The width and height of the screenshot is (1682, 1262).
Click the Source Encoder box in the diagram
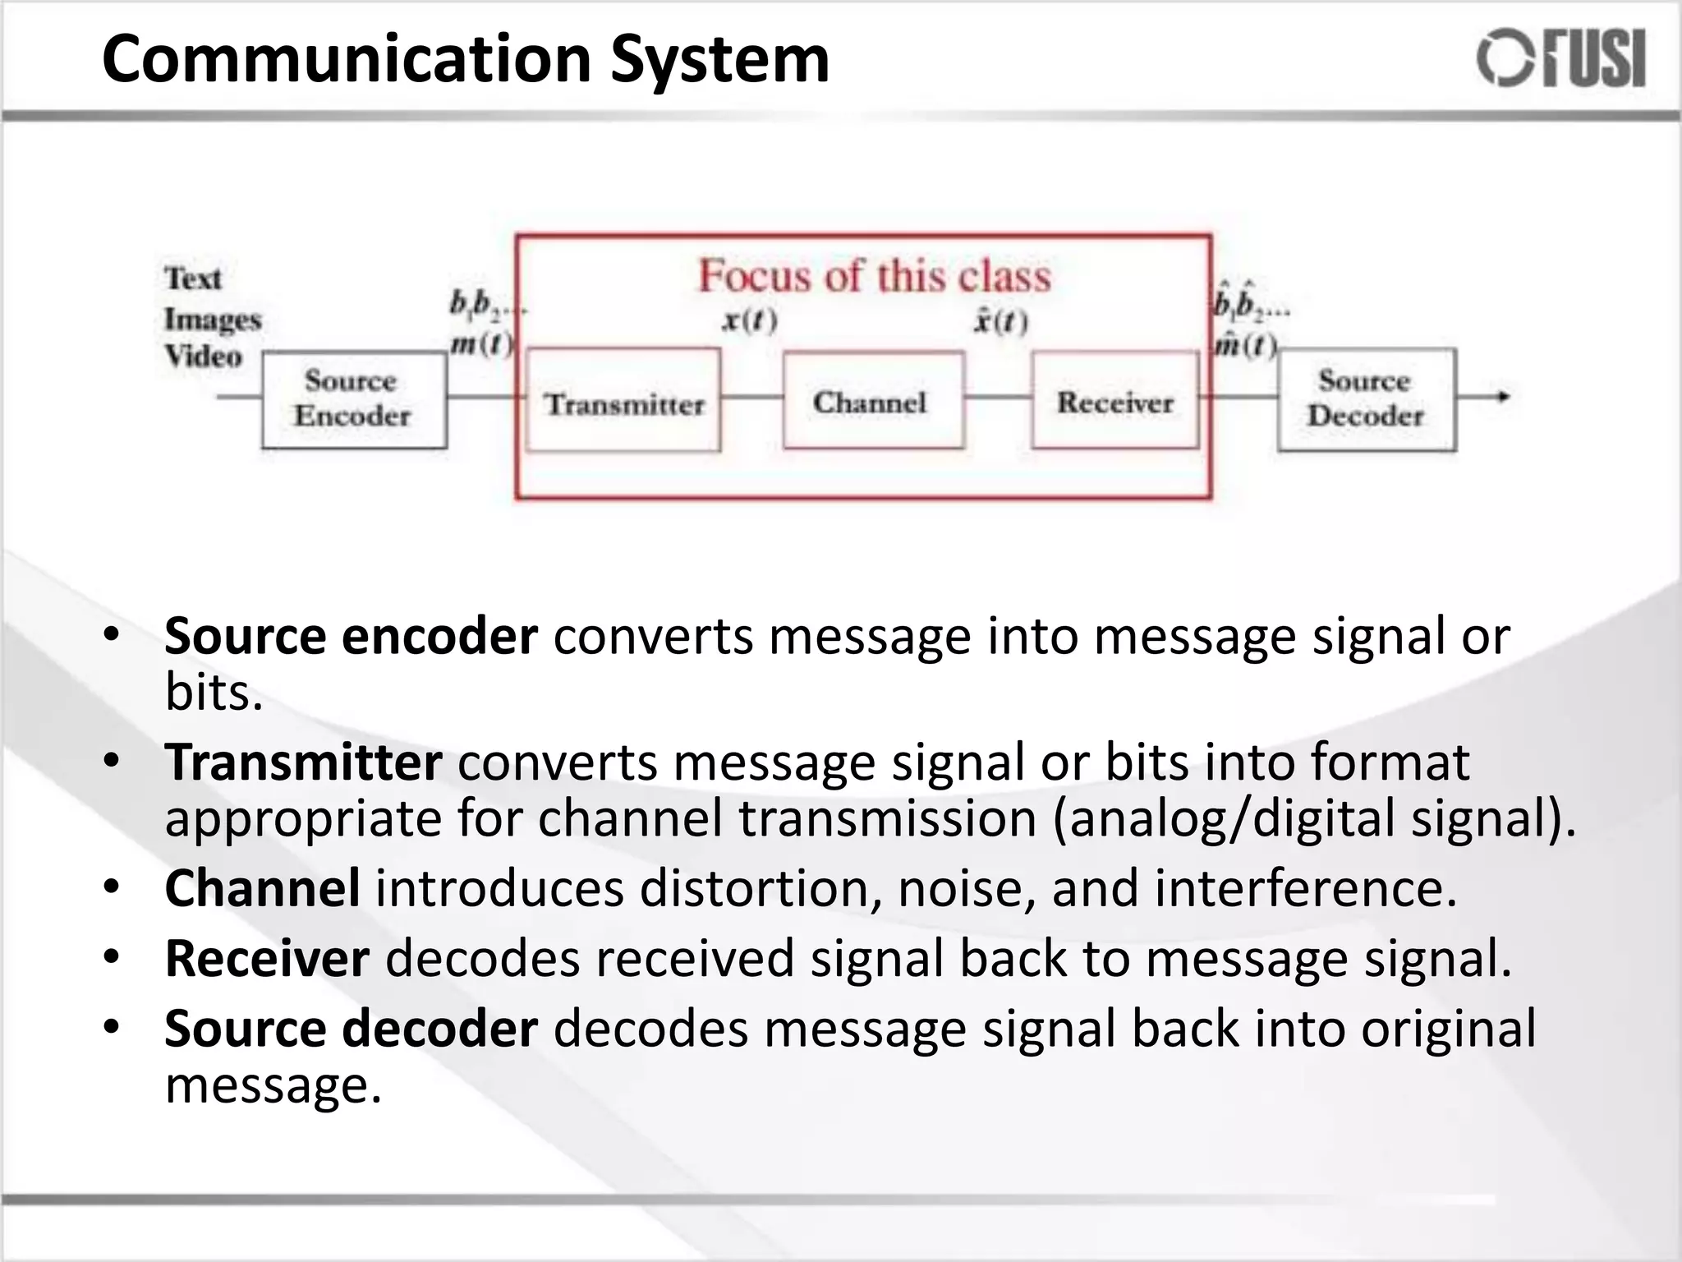354,399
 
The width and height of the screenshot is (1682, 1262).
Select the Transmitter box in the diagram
623,402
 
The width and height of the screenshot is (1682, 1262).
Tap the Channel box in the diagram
873,401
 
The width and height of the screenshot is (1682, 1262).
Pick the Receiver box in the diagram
1114,401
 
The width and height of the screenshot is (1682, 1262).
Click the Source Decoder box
1366,399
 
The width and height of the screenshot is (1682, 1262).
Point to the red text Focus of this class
874,276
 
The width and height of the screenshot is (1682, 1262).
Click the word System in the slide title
719,60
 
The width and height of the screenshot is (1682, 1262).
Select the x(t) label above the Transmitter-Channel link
749,320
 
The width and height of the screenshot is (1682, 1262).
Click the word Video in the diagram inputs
203,357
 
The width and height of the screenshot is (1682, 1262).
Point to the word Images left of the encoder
212,319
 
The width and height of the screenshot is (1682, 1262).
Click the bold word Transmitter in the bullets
303,762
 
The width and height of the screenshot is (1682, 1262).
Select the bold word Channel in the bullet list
262,888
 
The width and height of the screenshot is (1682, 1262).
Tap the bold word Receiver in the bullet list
267,958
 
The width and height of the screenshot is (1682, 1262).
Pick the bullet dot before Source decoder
113,1026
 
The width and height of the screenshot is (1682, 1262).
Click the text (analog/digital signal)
1314,819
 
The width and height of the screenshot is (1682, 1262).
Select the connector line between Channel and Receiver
998,397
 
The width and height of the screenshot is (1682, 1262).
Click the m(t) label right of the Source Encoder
480,343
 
